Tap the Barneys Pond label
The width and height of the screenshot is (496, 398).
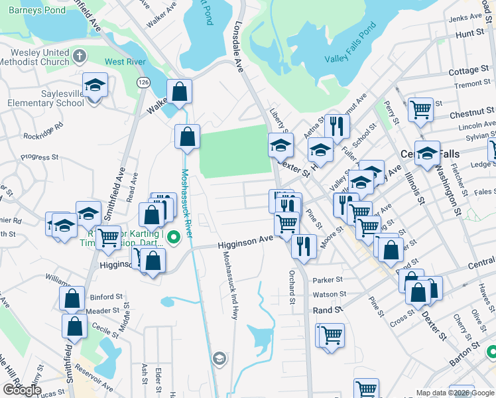(32, 10)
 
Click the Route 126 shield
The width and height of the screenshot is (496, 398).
(143, 82)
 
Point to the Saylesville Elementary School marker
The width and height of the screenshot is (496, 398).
(95, 86)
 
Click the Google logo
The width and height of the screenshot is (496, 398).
(21, 390)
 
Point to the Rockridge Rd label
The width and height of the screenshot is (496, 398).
(43, 129)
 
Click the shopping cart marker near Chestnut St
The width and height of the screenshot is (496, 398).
(420, 109)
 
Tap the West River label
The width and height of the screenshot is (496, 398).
(125, 62)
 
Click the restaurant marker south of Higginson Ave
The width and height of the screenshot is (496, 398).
(302, 247)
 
